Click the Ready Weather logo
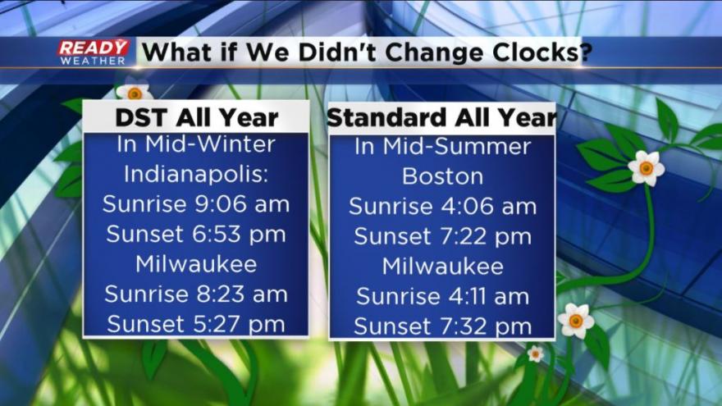coord(94,52)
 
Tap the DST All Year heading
coord(197,117)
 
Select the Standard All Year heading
coord(441,117)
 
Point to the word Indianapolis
coord(196,175)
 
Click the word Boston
coord(442,176)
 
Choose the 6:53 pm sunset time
coord(239,234)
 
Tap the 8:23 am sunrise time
coord(242,294)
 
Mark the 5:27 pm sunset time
coord(239,324)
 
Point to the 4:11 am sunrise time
coord(488,296)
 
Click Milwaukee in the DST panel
coord(196,264)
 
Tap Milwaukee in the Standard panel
coord(442,266)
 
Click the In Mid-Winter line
coord(196,144)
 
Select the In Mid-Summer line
coord(442,146)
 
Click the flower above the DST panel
coord(135,92)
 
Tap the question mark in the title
coord(585,52)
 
